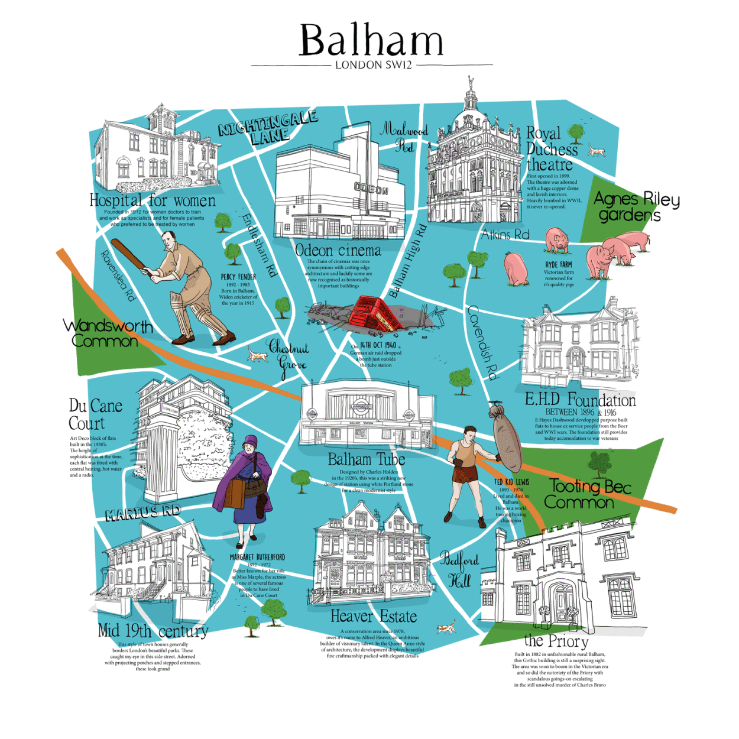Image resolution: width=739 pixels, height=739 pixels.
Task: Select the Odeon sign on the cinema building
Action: coord(371,190)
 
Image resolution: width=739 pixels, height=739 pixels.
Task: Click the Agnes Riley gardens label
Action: coord(636,206)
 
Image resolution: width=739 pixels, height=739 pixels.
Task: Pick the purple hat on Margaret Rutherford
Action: coord(250,443)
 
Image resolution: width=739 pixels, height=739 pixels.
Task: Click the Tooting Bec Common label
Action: coord(588,494)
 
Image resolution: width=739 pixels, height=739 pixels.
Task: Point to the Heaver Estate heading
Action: coord(374,617)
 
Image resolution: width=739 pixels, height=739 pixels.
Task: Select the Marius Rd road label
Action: coord(142,512)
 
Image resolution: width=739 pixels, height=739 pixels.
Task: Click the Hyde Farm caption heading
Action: coord(559,265)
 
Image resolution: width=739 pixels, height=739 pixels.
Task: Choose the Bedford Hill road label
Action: coord(459,569)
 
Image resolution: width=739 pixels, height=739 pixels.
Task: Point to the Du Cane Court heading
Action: coord(95,414)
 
